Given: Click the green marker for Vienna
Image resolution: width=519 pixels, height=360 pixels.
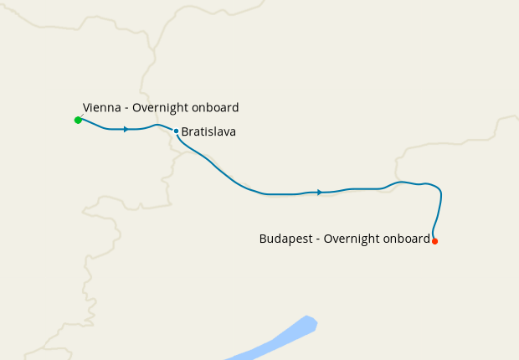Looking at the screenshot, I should coord(78,120).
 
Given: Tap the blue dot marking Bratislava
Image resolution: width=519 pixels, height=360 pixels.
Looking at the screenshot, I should coord(176,131).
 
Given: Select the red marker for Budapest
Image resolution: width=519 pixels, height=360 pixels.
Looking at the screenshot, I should coord(434,241).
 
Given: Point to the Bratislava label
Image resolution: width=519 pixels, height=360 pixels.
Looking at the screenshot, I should coord(208,132).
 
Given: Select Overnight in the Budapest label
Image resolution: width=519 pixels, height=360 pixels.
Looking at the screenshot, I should coord(351,239).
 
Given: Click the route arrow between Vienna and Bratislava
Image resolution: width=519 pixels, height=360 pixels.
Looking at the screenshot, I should coord(126,129).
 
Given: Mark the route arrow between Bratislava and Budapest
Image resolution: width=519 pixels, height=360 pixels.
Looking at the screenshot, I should coord(319,193).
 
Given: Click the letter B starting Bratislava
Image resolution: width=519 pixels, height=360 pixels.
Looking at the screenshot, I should coord(185,132).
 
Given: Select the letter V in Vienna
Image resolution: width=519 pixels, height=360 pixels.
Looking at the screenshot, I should coord(86,108).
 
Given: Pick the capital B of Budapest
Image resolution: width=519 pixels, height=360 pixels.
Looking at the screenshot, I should coord(263,239).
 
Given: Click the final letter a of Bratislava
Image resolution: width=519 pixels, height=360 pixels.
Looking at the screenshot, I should coord(232,133).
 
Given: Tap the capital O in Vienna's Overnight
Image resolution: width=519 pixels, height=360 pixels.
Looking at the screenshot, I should coord(136,108).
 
